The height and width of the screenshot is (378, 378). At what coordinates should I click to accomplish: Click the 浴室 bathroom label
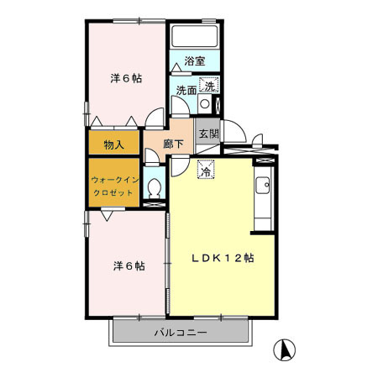(x=194, y=61)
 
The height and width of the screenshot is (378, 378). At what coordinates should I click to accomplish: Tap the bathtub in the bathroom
(x=194, y=38)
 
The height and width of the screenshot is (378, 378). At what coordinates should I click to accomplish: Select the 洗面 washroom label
(x=186, y=90)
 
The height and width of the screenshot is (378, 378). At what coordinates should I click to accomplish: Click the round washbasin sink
(x=205, y=104)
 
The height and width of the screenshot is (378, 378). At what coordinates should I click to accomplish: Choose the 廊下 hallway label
(x=174, y=144)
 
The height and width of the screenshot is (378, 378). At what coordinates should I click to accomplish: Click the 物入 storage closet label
(x=114, y=144)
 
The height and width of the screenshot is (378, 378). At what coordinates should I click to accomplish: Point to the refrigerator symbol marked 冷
(x=205, y=169)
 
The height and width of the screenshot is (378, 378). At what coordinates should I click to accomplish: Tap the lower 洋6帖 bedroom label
(x=129, y=265)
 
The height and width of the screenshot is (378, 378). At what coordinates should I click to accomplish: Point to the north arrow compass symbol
(x=285, y=349)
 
